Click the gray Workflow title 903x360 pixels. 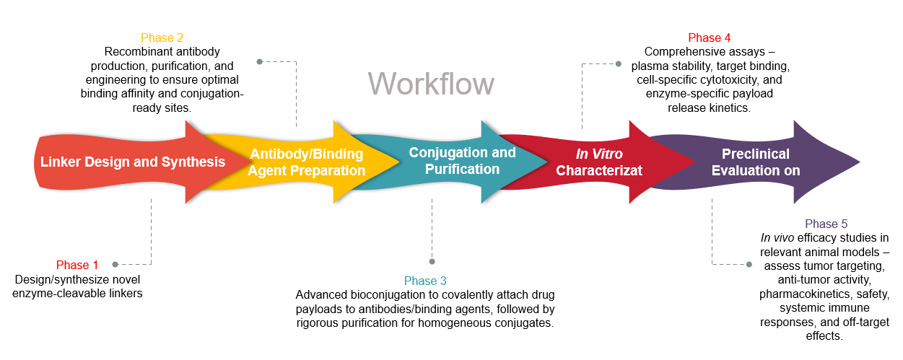click(x=431, y=84)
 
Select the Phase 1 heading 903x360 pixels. click(x=77, y=265)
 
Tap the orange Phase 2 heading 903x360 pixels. click(x=162, y=38)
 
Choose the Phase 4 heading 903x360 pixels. click(x=709, y=38)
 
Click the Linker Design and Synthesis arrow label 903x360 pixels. click(x=133, y=162)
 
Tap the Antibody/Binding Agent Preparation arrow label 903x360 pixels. click(x=307, y=162)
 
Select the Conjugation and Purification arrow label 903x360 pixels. click(x=462, y=161)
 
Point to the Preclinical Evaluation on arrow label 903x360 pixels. click(x=756, y=162)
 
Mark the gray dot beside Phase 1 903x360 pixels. click(x=115, y=265)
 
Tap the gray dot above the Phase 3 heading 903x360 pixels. click(x=432, y=261)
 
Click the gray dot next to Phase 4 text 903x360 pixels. click(x=619, y=63)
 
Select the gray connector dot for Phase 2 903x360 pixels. click(x=259, y=61)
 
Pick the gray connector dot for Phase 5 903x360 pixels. click(x=749, y=264)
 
